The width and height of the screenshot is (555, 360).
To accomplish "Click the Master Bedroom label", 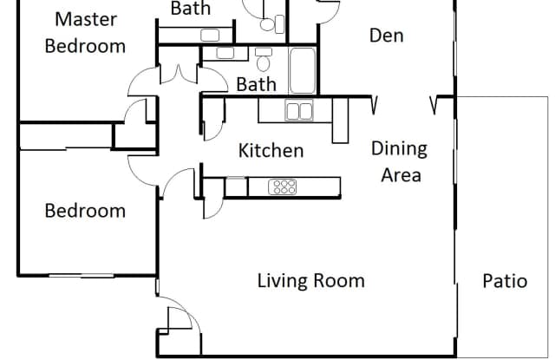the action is (x=85, y=33).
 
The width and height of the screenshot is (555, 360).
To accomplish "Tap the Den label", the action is (x=386, y=36).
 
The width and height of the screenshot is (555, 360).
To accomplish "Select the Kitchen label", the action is (x=271, y=150).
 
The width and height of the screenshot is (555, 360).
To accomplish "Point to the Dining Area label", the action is (x=400, y=161).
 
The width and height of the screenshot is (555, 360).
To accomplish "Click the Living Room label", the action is (x=310, y=281).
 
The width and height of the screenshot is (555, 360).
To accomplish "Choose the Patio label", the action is (x=505, y=281).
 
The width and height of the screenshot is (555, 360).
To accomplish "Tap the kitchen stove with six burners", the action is (x=283, y=187).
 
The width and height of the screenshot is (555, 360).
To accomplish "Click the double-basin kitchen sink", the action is (x=299, y=110).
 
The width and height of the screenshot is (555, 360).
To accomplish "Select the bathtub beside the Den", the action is (x=303, y=71).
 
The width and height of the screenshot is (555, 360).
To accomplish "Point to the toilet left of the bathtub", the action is (x=263, y=60).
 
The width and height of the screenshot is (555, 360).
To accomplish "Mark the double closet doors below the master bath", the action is (x=179, y=74).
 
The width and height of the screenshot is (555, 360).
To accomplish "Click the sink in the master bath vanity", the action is (x=210, y=35).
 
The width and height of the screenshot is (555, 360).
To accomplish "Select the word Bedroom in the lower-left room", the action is (x=85, y=211).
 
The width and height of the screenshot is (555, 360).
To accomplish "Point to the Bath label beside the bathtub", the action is (x=257, y=84).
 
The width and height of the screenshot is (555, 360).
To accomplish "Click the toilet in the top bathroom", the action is (x=271, y=23).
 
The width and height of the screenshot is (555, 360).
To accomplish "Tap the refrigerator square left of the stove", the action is (x=236, y=187).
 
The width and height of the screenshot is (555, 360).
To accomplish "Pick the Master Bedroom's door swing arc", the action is (x=141, y=82).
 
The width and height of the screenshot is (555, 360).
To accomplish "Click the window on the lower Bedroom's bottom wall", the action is (x=81, y=275).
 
